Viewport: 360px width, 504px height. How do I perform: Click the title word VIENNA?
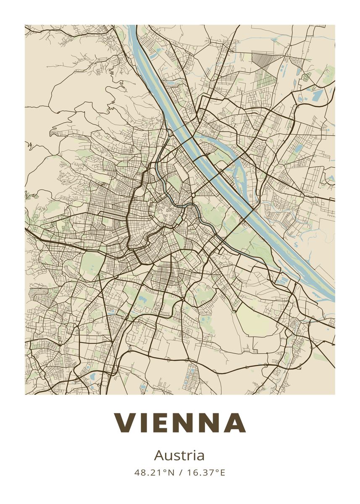pyautogui.click(x=180, y=423)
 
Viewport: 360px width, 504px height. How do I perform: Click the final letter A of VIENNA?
pyautogui.click(x=234, y=423)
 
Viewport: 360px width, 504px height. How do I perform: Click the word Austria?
pyautogui.click(x=179, y=455)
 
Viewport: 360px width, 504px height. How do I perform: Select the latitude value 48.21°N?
pyautogui.click(x=154, y=472)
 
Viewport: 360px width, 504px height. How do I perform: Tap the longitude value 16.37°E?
pyautogui.click(x=205, y=472)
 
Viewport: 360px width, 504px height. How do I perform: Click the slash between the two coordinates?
pyautogui.click(x=180, y=472)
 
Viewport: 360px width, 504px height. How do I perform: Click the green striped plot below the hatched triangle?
pyautogui.click(x=265, y=78)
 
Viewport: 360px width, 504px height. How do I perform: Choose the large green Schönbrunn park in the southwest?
pyautogui.click(x=92, y=264)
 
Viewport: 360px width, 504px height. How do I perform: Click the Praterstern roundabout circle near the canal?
pyautogui.click(x=193, y=196)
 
